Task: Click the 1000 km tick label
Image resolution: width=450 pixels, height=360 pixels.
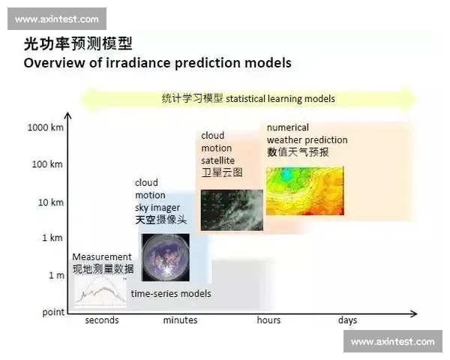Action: click(44, 127)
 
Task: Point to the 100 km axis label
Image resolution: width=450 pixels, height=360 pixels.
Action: click(46, 164)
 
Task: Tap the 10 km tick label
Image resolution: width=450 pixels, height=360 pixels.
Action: click(49, 202)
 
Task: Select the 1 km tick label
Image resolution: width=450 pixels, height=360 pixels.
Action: click(52, 238)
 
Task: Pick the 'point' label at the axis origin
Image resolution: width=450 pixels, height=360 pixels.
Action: click(52, 312)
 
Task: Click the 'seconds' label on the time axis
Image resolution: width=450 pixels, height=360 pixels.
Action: click(101, 320)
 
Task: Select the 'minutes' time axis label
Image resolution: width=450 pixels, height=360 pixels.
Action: click(180, 320)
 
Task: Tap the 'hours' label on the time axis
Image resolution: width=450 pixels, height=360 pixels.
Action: click(268, 320)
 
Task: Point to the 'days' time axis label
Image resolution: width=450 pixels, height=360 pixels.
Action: click(347, 320)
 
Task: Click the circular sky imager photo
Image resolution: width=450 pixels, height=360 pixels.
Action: click(164, 257)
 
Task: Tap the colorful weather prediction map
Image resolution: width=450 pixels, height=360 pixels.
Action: click(304, 190)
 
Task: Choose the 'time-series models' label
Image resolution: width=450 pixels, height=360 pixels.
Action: click(171, 293)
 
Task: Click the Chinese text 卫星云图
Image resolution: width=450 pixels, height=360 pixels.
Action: click(221, 172)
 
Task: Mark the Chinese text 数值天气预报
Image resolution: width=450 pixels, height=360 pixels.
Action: click(298, 152)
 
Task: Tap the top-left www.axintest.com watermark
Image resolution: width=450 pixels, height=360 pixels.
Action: click(56, 19)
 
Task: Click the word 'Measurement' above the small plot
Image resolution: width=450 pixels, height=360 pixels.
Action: click(101, 256)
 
